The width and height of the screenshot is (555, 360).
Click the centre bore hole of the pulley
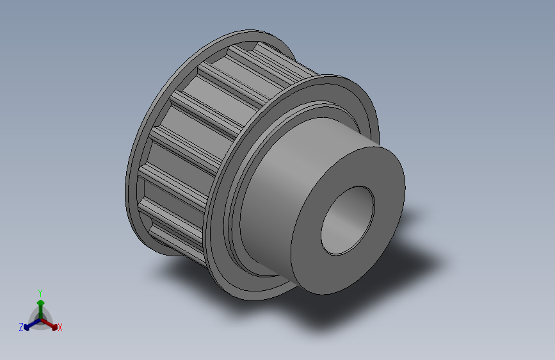348,220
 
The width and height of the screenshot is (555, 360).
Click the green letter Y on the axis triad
40,293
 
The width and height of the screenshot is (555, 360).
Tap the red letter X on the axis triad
60,327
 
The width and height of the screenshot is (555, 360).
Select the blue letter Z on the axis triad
21,327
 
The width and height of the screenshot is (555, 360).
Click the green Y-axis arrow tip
40,302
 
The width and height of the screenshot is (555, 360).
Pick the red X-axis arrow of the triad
49,324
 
